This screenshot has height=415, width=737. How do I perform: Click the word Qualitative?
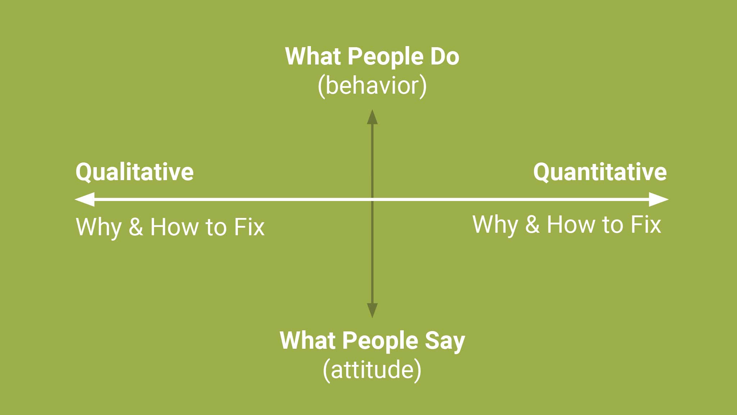pyautogui.click(x=135, y=172)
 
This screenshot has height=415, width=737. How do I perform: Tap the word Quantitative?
pyautogui.click(x=600, y=172)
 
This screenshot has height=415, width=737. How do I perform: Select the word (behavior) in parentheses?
pyautogui.click(x=372, y=86)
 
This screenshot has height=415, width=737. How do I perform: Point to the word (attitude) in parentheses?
pyautogui.click(x=372, y=370)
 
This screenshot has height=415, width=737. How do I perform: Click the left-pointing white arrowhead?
pyautogui.click(x=85, y=199)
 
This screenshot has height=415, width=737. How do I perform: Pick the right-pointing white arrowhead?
pyautogui.click(x=659, y=199)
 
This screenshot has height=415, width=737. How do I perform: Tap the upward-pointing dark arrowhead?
pyautogui.click(x=372, y=117)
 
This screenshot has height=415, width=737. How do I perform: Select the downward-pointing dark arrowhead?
pyautogui.click(x=372, y=311)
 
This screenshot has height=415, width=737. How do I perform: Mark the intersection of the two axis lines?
pyautogui.click(x=372, y=199)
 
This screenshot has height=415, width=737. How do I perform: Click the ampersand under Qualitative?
pyautogui.click(x=136, y=227)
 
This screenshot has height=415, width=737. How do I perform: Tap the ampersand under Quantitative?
pyautogui.click(x=532, y=224)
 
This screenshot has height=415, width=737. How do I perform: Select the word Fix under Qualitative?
pyautogui.click(x=249, y=227)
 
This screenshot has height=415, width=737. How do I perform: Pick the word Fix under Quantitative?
pyautogui.click(x=646, y=224)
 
